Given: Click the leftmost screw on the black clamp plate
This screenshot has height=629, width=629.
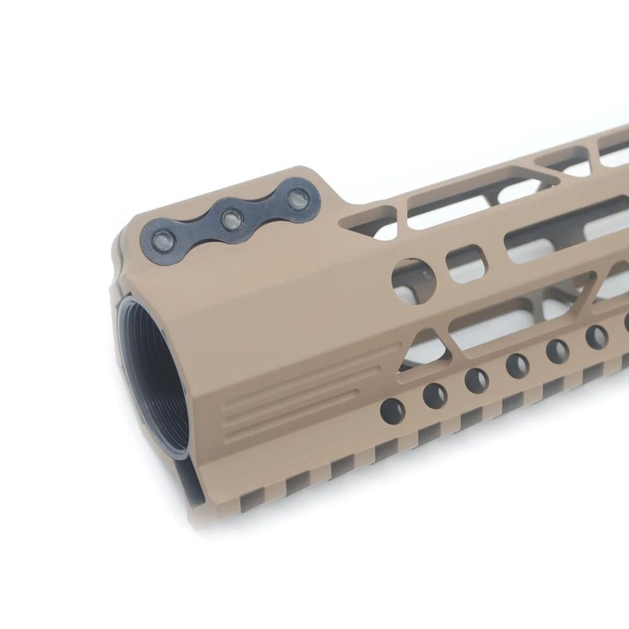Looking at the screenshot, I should click(x=164, y=240).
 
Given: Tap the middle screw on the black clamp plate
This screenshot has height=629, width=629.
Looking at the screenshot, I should click(x=232, y=218).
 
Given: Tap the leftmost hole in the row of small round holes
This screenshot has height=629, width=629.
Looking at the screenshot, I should click(x=392, y=411).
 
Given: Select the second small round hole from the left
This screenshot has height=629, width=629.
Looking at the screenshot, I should click(x=435, y=395).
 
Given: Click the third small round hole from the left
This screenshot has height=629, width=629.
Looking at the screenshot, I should click(x=476, y=380).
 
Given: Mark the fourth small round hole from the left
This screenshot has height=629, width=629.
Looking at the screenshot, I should click(x=517, y=365).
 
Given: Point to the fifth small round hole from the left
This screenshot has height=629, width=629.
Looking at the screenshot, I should click(x=557, y=351).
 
